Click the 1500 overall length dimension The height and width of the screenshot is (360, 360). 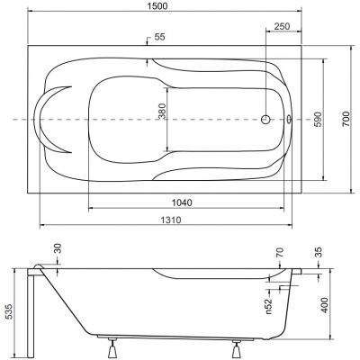157,6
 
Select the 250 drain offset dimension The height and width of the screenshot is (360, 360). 283,26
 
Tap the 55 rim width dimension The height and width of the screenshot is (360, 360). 160,37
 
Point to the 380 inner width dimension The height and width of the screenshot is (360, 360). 162,111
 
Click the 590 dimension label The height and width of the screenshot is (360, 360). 318,119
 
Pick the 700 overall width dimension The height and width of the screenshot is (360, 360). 346,119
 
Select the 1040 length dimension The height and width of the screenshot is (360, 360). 182,202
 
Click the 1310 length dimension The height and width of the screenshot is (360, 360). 171,220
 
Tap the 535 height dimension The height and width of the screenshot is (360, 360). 10,312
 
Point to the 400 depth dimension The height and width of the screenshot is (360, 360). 325,305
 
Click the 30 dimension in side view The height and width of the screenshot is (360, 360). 58,248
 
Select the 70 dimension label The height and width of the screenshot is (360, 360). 280,253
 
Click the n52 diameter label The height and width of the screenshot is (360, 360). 268,306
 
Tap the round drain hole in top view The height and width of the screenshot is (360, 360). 265,120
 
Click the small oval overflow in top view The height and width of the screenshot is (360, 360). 289,119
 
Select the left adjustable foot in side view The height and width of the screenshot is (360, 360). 112,346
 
